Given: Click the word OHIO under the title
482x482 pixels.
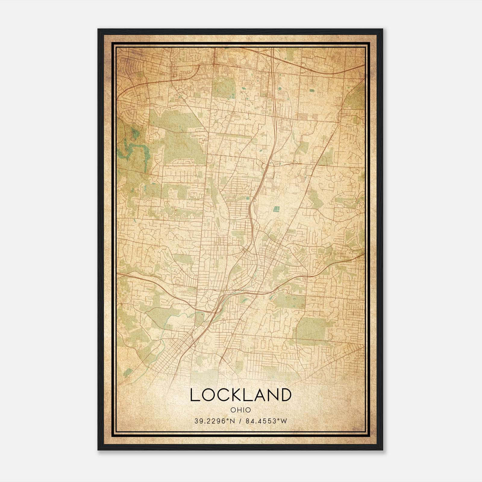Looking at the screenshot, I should coord(241,410).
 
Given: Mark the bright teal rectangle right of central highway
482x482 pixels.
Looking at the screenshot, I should coord(276,208).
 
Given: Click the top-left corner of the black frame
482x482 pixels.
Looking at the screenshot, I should coord(98,30).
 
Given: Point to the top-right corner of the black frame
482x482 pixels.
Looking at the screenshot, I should coord(382,30).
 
